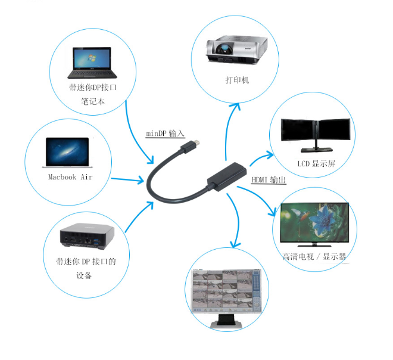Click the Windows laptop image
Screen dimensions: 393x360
[92, 63]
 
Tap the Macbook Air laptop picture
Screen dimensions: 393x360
[67, 153]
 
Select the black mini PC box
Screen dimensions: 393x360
[87, 236]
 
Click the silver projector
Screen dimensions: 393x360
[236, 49]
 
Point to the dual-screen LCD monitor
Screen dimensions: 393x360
[316, 135]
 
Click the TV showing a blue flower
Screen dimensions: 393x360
[314, 225]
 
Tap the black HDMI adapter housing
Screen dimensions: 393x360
[227, 176]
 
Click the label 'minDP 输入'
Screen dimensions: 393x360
[165, 134]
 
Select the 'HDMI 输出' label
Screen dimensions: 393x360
[269, 179]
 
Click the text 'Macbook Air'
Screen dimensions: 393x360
[70, 177]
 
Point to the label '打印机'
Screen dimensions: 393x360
[237, 80]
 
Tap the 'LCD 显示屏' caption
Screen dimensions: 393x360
[316, 163]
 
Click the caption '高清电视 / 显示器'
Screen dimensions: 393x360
[314, 256]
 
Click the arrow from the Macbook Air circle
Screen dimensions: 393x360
[127, 179]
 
